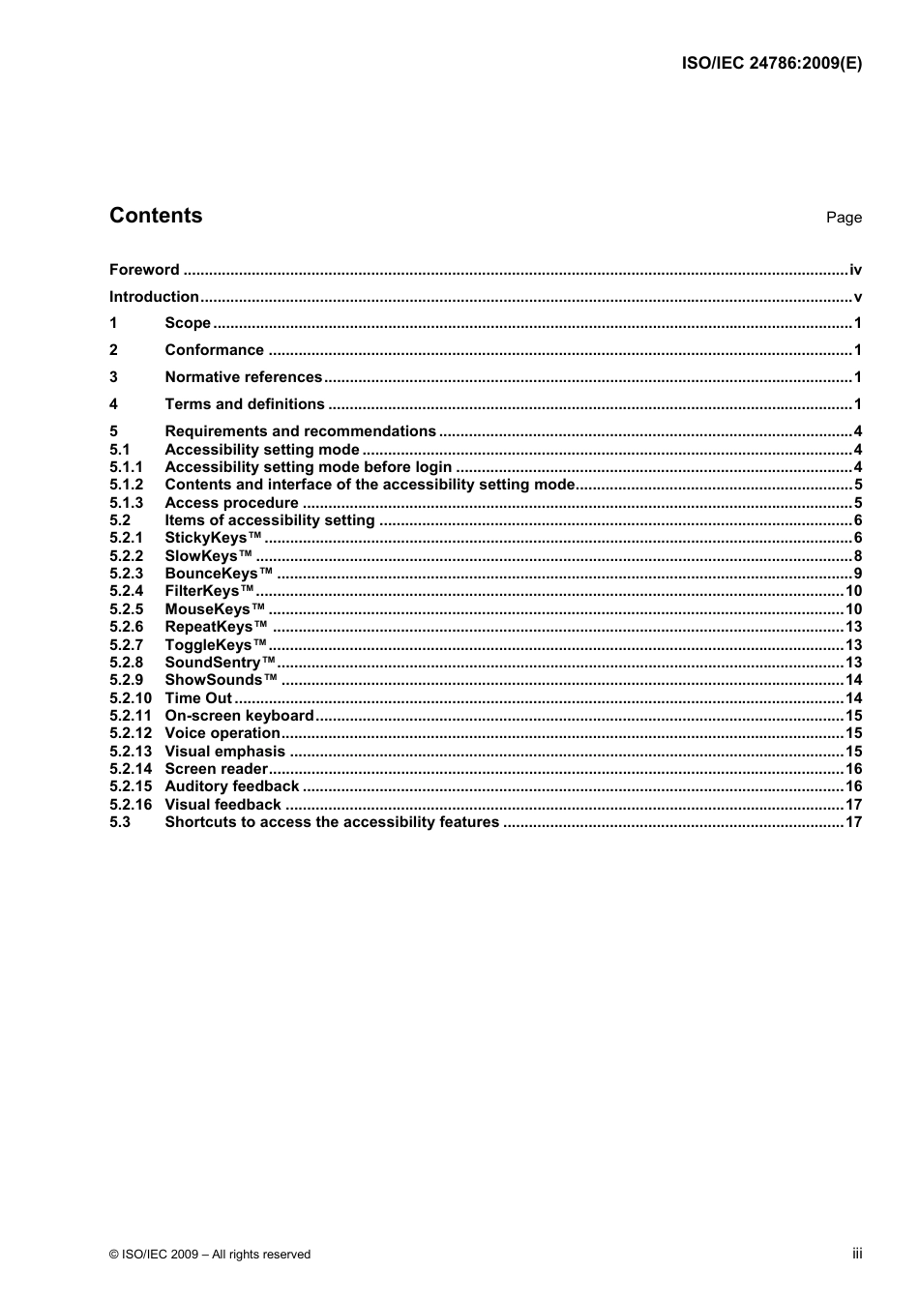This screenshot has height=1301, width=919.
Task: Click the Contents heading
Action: point(156,216)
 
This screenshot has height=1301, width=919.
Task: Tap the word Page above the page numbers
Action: point(844,218)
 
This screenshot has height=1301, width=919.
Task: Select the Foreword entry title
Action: point(144,270)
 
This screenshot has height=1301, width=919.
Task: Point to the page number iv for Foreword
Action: point(855,270)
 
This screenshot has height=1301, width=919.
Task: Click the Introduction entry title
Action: point(154,297)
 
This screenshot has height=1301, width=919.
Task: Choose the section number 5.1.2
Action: point(126,485)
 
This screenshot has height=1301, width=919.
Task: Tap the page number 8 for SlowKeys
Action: point(858,556)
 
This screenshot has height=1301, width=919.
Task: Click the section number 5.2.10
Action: point(131,698)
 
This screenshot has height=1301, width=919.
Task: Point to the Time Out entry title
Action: point(198,698)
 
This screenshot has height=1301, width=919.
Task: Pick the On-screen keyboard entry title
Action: point(239,716)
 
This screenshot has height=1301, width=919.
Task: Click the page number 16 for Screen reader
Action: point(853,769)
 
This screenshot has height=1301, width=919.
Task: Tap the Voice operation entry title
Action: point(222,733)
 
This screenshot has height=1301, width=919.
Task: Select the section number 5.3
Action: point(119,822)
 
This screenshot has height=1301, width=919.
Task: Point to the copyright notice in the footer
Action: point(210,1255)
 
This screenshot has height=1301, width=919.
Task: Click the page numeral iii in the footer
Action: point(857,1254)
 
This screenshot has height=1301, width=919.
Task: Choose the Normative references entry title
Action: point(243,377)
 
